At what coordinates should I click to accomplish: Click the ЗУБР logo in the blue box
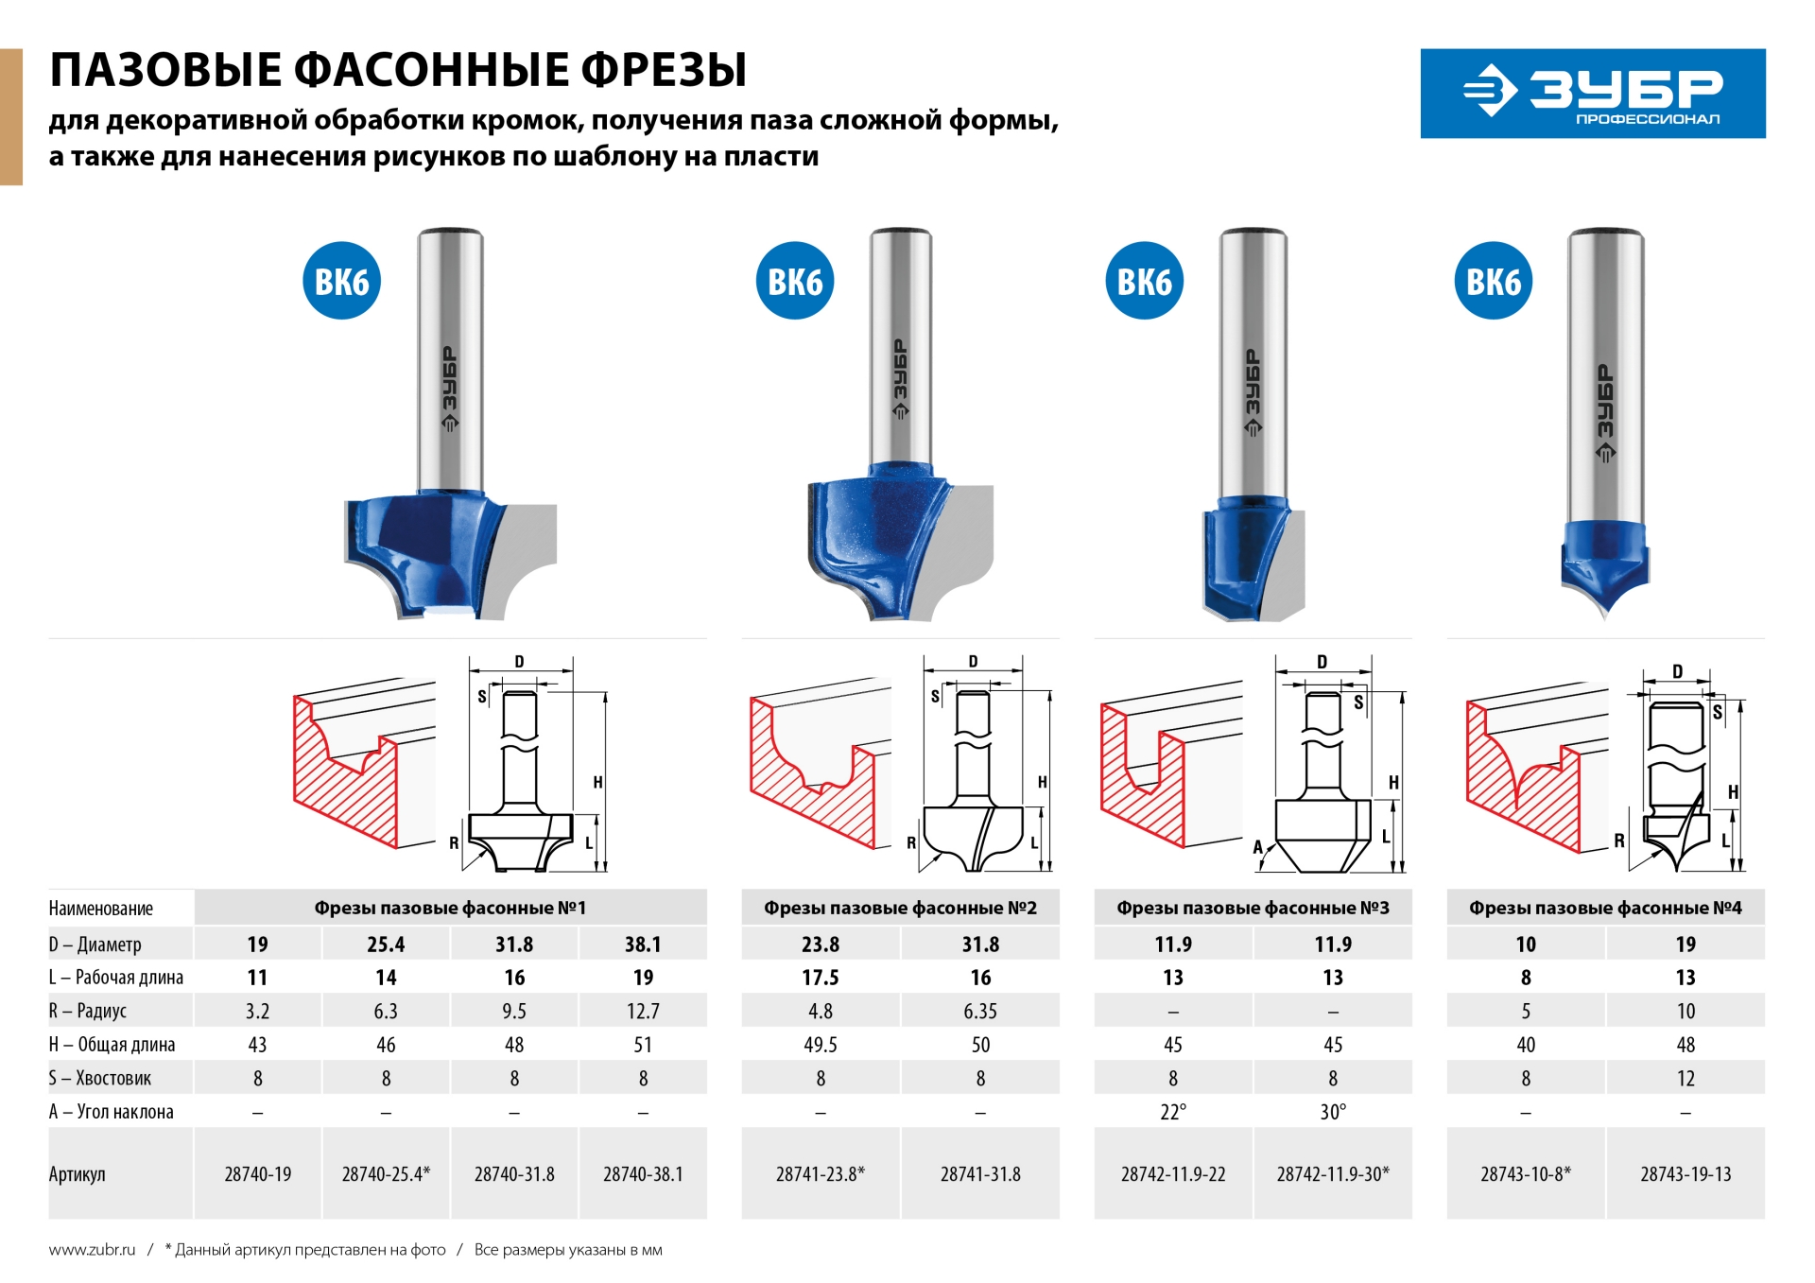pos(1592,93)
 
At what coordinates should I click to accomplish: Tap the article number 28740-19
pos(257,1173)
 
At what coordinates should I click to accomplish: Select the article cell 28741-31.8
pos(980,1173)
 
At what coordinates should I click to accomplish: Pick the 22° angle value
pos(1172,1112)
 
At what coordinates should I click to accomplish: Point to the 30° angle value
pos(1333,1112)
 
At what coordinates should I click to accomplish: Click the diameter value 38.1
pos(643,944)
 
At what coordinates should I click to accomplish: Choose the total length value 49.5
pos(820,1045)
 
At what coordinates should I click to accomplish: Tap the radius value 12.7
pos(643,1011)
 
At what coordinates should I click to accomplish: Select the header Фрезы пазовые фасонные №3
pos(1253,908)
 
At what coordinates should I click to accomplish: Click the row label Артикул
pos(78,1173)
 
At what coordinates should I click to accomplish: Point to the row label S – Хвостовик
pos(100,1078)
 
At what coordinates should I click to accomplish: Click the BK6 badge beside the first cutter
pos(341,281)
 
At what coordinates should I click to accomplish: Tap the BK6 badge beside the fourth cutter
pos(1493,281)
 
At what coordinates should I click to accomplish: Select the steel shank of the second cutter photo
pos(900,350)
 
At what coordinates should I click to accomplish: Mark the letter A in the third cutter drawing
pos(1258,846)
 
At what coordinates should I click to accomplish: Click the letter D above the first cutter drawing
pos(519,662)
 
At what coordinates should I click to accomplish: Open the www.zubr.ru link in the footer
pos(92,1249)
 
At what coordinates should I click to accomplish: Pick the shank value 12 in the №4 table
pos(1685,1078)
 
